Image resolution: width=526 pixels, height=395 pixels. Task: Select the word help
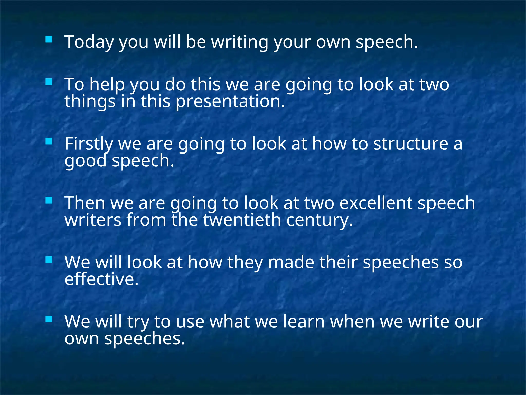coord(107,84)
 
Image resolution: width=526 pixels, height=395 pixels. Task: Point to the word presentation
coord(230,101)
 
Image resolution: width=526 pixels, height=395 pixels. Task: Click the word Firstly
coord(89,143)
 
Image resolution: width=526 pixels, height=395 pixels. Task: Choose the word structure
coord(410,143)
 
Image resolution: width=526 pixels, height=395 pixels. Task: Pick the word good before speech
coord(85,160)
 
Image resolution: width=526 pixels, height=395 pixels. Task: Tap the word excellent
coord(376,203)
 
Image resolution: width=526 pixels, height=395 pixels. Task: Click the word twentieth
coord(242,220)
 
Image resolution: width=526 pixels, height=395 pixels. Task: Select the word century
coord(320,220)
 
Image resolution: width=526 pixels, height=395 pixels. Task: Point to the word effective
coord(101,279)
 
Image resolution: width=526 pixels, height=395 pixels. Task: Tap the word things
coord(90,101)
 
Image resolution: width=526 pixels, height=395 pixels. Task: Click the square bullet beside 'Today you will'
coord(49,39)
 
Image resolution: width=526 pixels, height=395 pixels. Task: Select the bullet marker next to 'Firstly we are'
coord(49,141)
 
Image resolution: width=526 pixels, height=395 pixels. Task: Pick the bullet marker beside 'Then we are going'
coord(49,200)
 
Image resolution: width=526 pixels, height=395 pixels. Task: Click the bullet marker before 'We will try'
coord(49,319)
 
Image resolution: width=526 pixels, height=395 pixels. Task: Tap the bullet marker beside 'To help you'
coord(49,82)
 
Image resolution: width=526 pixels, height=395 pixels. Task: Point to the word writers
coord(93,220)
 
